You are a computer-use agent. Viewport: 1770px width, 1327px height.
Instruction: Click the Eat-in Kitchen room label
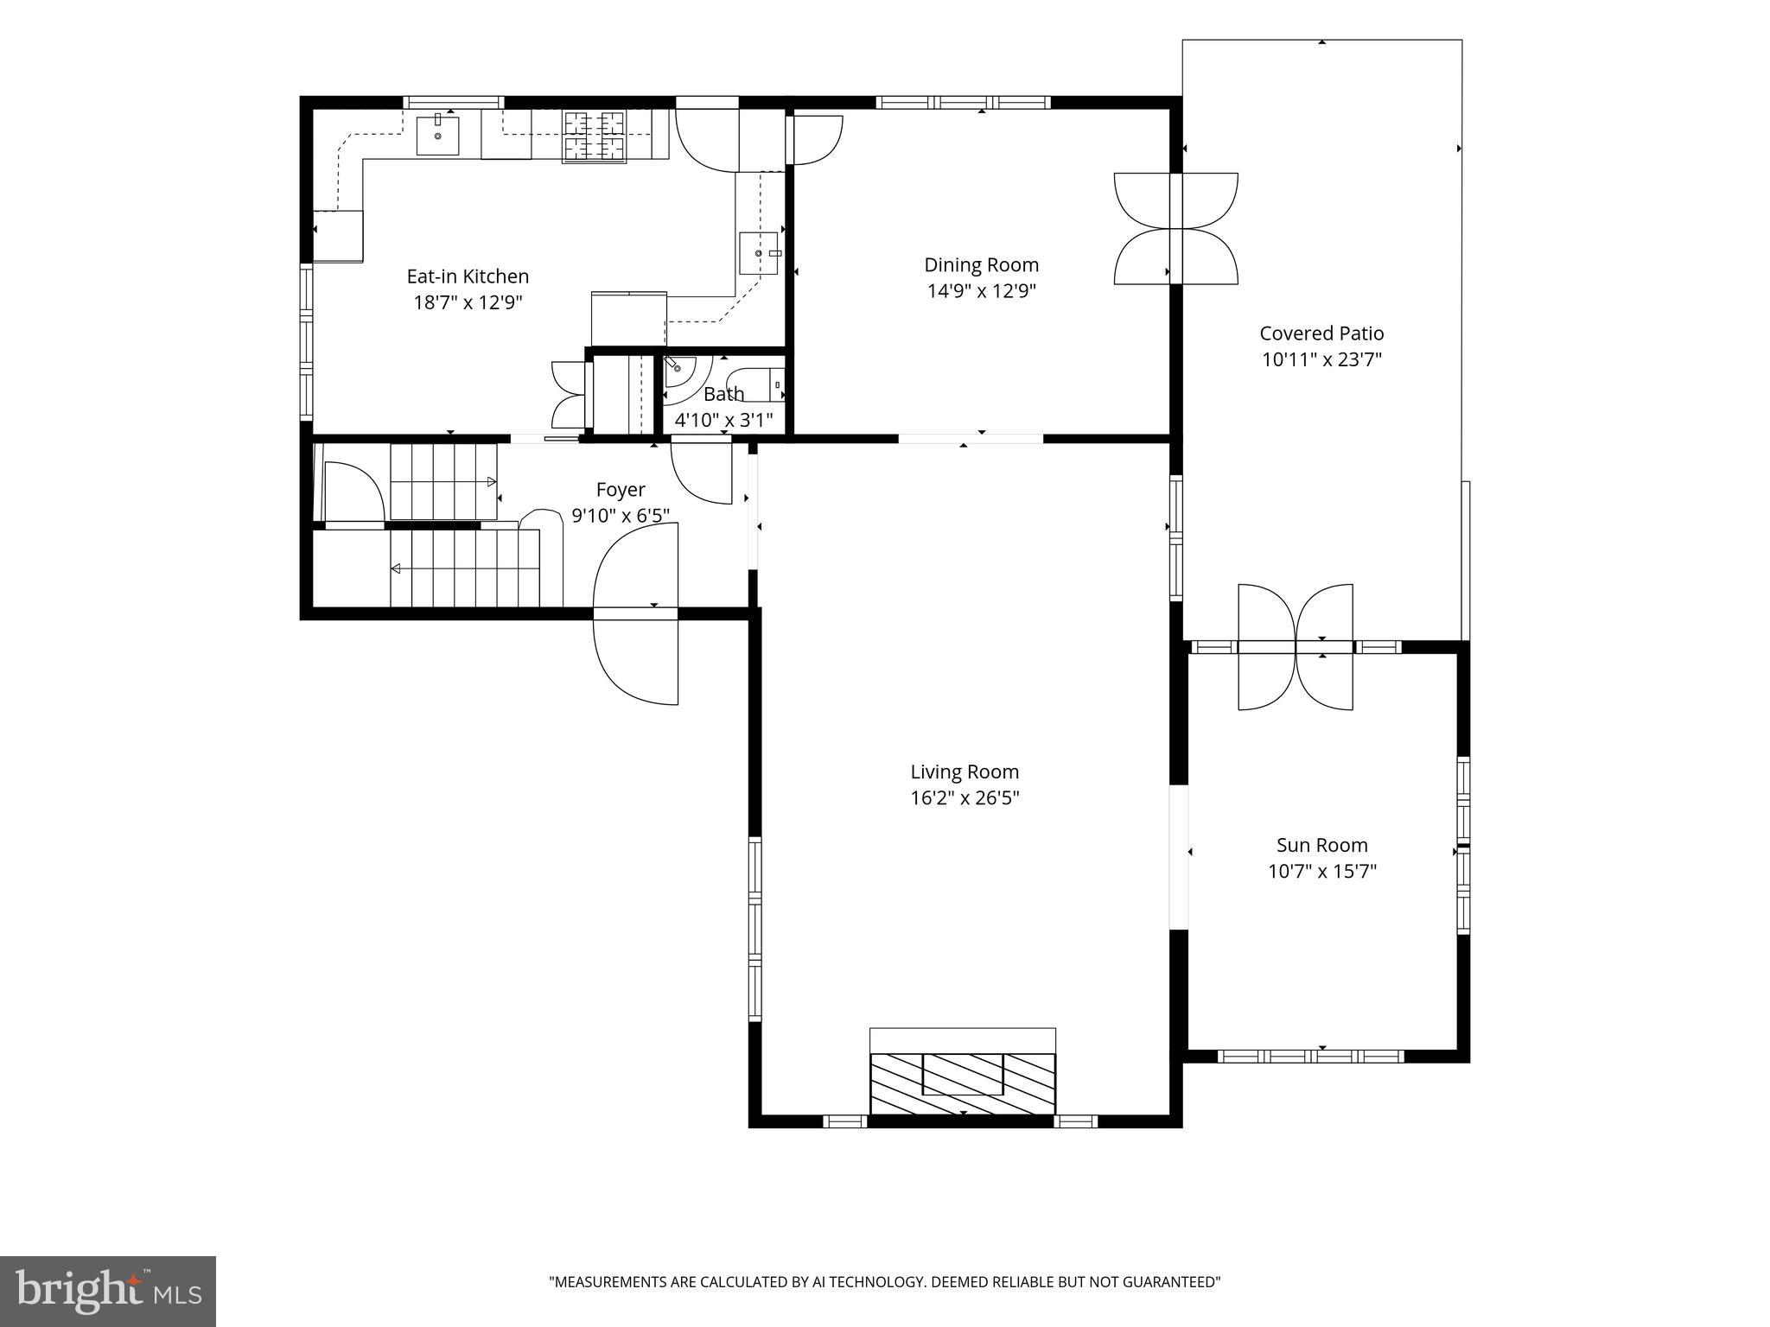coord(468,276)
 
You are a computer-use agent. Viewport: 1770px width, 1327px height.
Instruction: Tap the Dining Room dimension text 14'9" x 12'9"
coord(982,291)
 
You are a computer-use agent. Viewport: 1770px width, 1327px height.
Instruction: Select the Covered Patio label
coord(1321,333)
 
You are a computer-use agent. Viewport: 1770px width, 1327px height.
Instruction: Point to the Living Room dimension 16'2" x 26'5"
coord(965,797)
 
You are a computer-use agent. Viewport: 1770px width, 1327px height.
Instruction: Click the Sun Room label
coord(1322,845)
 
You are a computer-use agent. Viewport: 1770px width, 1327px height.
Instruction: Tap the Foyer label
coord(621,491)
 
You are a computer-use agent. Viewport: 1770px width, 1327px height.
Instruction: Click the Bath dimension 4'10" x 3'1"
coord(723,421)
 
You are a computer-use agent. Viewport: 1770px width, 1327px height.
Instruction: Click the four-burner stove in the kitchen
coord(595,137)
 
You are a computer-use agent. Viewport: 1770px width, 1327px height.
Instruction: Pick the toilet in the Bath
coord(755,384)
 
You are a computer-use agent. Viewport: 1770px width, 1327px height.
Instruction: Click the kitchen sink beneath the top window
coord(437,135)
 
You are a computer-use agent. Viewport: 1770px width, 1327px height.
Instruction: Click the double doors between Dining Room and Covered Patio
coord(1175,228)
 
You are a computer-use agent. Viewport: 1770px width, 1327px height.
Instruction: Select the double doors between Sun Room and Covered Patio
coord(1296,647)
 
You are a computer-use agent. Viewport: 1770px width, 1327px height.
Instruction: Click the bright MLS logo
coord(108,1291)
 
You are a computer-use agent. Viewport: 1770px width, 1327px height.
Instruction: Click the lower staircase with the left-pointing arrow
coord(465,568)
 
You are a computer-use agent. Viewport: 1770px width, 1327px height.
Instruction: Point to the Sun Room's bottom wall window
coord(1311,1056)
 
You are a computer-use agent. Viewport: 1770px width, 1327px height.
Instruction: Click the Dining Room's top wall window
coord(964,102)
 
